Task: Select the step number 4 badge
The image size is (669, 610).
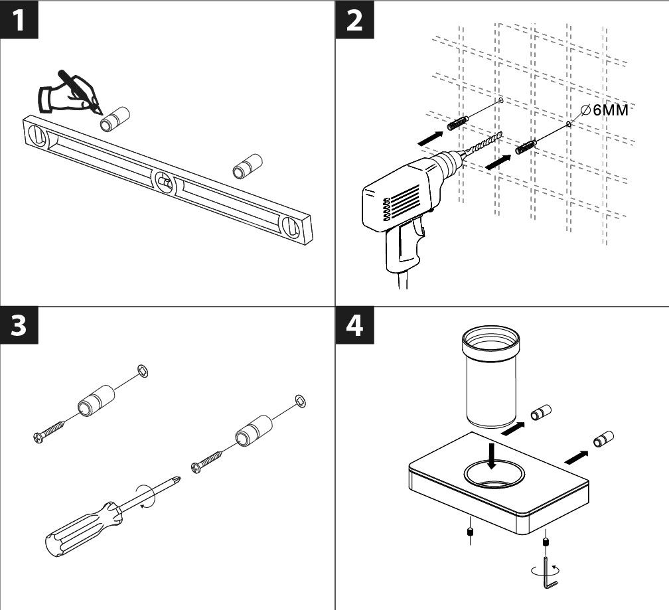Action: [x=355, y=327]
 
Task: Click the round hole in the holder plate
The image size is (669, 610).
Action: [x=494, y=475]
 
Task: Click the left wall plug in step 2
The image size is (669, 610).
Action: [x=459, y=123]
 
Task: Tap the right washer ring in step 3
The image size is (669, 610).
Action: [x=299, y=400]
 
